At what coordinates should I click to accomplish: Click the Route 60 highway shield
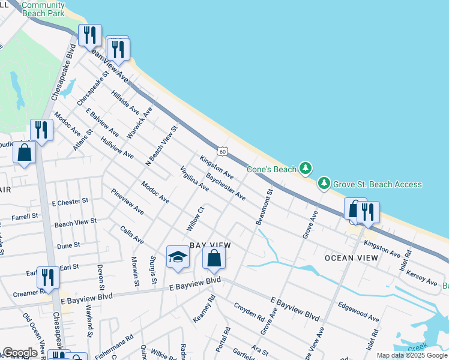pyautogui.click(x=222, y=152)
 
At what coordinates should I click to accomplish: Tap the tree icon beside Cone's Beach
pyautogui.click(x=306, y=168)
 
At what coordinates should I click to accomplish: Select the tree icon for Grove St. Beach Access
pyautogui.click(x=324, y=182)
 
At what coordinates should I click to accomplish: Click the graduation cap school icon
pyautogui.click(x=178, y=257)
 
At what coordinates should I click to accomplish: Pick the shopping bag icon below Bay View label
pyautogui.click(x=214, y=258)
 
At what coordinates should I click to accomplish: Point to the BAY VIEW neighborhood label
pyautogui.click(x=210, y=245)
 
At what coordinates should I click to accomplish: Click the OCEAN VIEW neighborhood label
pyautogui.click(x=351, y=257)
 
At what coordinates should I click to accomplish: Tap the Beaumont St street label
pyautogui.click(x=264, y=207)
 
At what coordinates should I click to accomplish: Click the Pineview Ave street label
pyautogui.click(x=127, y=202)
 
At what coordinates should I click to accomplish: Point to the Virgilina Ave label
pyautogui.click(x=194, y=179)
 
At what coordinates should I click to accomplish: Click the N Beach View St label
pyautogui.click(x=162, y=146)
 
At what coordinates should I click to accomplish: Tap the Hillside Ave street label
pyautogui.click(x=125, y=103)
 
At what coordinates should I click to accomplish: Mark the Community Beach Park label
pyautogui.click(x=43, y=8)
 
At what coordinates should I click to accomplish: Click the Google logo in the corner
pyautogui.click(x=20, y=352)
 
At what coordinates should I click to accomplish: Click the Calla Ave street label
pyautogui.click(x=132, y=235)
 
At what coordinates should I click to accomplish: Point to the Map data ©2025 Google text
pyautogui.click(x=411, y=355)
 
